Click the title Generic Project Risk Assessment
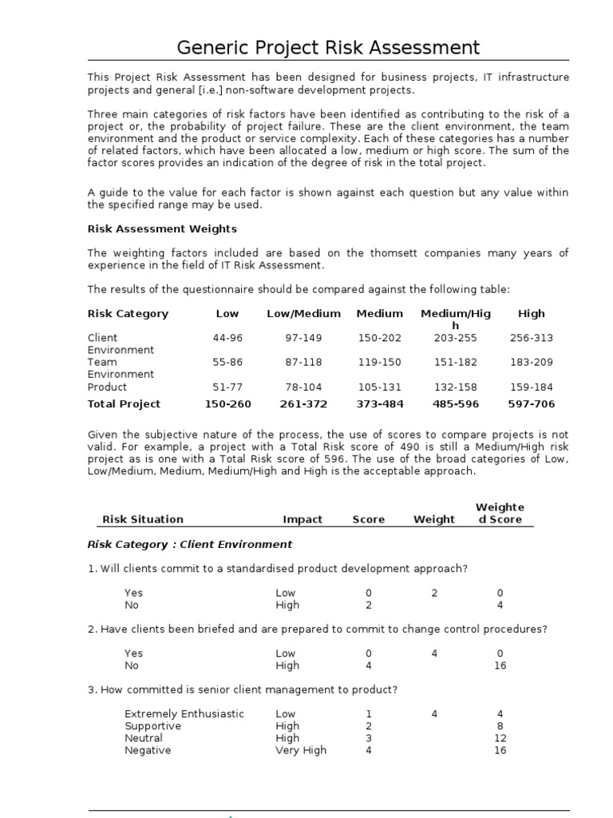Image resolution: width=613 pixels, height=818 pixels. click(x=328, y=47)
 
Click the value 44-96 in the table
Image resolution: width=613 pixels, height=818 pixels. click(x=227, y=338)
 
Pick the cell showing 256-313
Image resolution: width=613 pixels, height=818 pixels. click(x=531, y=338)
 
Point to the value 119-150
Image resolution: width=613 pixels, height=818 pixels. click(x=379, y=362)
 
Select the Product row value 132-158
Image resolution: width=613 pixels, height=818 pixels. click(x=456, y=387)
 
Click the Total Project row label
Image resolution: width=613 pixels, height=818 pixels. click(x=124, y=404)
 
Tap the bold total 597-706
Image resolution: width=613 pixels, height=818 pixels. click(x=531, y=404)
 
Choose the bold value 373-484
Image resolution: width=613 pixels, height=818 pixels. click(x=379, y=404)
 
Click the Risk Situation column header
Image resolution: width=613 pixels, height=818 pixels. click(x=143, y=519)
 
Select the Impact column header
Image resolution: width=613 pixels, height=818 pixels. click(x=303, y=519)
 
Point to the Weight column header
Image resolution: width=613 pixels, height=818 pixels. click(x=434, y=519)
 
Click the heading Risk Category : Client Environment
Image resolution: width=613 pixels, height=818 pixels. click(x=190, y=545)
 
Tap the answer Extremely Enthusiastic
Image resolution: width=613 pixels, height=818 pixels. click(x=184, y=714)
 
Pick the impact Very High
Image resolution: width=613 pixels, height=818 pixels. click(x=301, y=751)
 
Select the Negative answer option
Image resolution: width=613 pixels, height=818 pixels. click(x=148, y=751)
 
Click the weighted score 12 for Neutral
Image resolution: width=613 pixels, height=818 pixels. click(x=500, y=739)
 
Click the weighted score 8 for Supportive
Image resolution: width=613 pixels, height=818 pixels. click(x=500, y=726)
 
